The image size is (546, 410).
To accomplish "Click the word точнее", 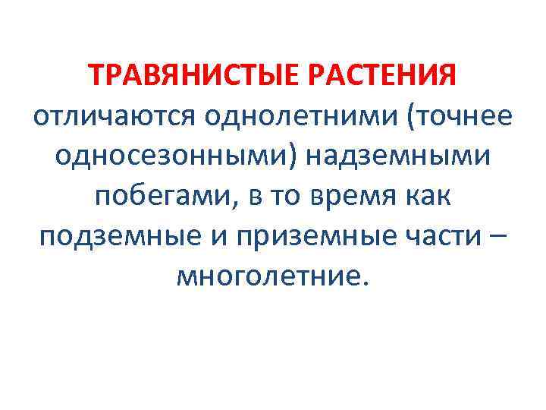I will [x=463, y=118].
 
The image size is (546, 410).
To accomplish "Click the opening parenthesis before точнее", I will [x=412, y=118].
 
